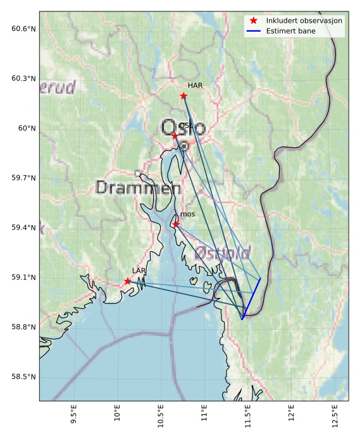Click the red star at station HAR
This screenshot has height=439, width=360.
[x=183, y=96]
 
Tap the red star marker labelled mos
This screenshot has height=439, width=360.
[x=176, y=224]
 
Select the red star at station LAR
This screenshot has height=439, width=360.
[x=128, y=281]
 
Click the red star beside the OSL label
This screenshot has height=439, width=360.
[x=175, y=135]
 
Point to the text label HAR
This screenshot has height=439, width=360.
[x=194, y=85]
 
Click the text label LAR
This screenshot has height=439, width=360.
[x=139, y=271]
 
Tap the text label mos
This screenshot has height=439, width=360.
[x=187, y=214]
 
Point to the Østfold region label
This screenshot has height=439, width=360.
[x=222, y=253]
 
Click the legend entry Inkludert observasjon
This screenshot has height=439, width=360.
[x=304, y=21]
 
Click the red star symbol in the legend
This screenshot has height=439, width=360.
[x=254, y=21]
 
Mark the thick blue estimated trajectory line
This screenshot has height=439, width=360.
[x=251, y=299]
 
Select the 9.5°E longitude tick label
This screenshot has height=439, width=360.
[x=73, y=418]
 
